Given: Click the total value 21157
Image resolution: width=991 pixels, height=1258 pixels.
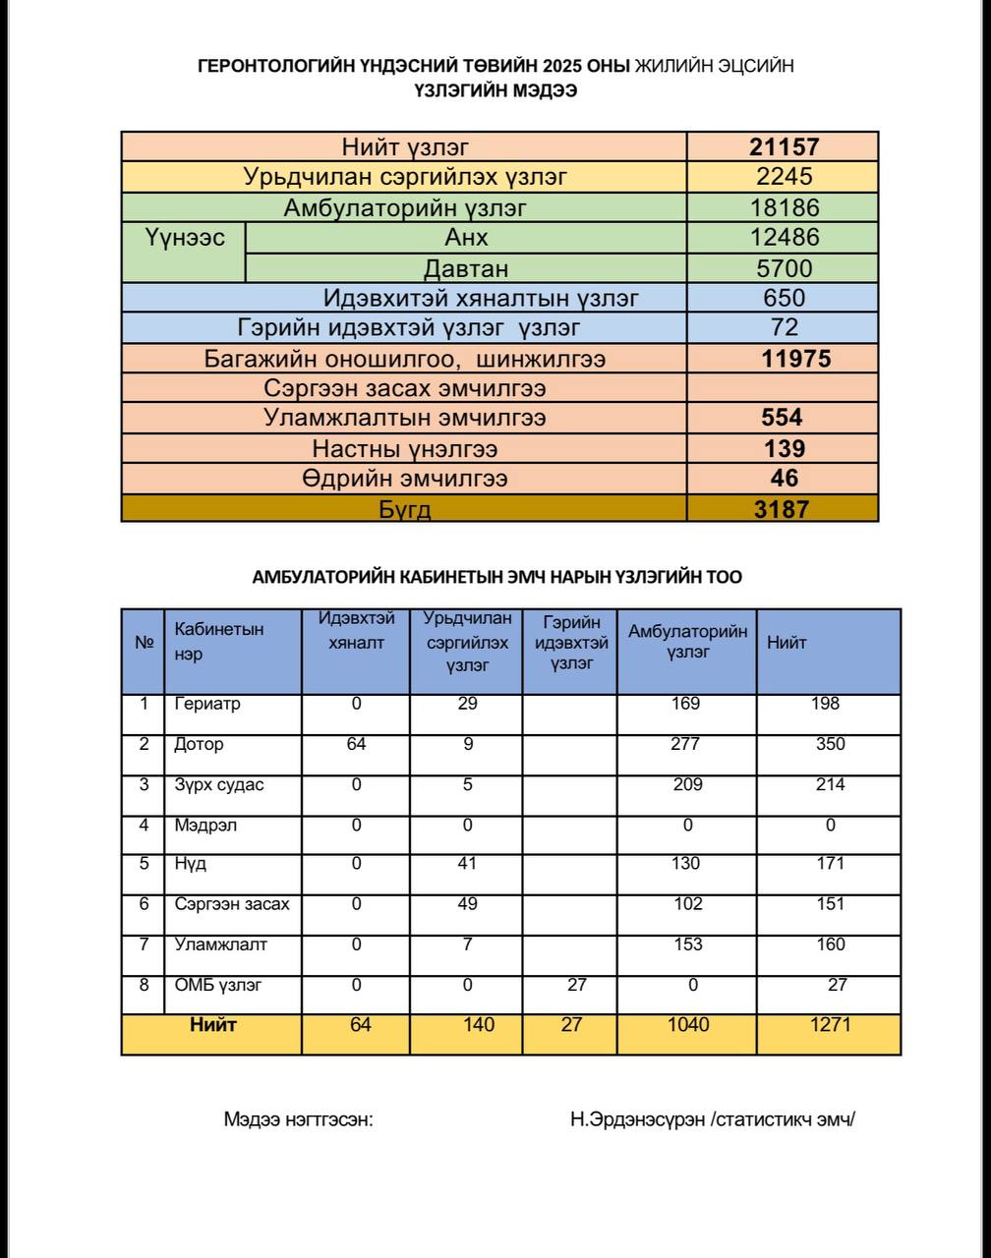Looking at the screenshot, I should click(784, 147).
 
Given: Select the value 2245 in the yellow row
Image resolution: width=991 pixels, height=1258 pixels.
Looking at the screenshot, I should click(784, 178).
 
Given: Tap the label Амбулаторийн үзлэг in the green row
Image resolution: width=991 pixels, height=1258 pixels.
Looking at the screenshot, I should click(405, 208).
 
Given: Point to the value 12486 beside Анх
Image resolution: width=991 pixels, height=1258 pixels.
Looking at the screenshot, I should click(784, 238).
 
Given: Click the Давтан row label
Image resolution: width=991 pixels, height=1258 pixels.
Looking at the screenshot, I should click(466, 268).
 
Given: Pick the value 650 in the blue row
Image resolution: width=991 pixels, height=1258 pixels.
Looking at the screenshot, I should click(784, 298).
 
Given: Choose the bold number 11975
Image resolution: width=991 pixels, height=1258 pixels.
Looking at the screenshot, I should click(795, 359).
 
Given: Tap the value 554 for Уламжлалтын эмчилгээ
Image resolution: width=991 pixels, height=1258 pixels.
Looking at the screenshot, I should click(783, 418).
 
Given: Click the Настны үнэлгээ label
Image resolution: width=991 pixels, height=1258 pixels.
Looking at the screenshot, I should click(405, 449).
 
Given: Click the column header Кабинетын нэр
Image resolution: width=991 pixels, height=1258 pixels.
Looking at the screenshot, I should click(218, 642).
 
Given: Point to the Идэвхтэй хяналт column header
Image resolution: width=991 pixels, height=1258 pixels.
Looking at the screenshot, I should click(356, 630).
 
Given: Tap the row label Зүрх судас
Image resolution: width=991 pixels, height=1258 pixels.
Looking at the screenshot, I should click(219, 785).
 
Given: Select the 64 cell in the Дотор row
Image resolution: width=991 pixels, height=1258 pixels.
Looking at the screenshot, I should click(356, 745).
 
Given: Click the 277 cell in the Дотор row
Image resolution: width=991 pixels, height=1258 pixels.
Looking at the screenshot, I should click(688, 745).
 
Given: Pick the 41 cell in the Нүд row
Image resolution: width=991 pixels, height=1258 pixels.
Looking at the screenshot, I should click(467, 864).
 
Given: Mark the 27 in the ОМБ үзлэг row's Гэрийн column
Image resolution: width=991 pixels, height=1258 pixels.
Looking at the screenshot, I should click(576, 985).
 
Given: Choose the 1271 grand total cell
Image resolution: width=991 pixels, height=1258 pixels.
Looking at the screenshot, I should click(830, 1025).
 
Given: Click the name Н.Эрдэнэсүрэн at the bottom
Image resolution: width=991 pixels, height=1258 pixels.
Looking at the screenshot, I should click(637, 1119).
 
